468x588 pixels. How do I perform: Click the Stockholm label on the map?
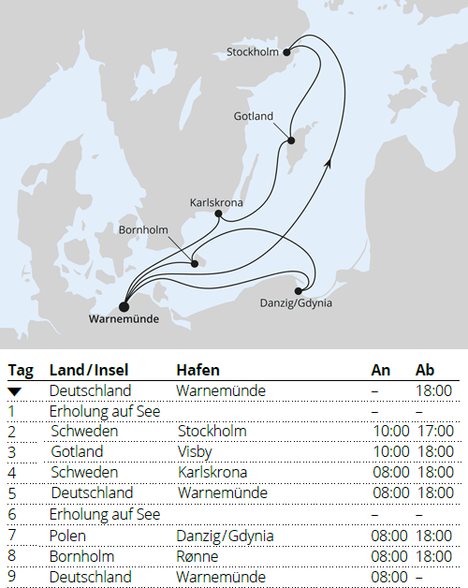coord(253,52)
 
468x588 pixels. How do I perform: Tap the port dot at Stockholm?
coord(287,52)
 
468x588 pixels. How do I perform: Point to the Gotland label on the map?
coord(254,117)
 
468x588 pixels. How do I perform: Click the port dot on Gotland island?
coord(290,140)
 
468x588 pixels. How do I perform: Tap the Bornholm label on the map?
coord(144,229)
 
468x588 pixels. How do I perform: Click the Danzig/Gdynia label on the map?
coord(296,303)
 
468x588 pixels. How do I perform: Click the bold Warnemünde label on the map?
coord(123,319)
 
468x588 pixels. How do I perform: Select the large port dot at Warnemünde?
coord(124,303)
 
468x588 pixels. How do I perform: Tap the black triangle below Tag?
coord(15,390)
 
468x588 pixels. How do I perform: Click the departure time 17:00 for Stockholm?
coord(433,431)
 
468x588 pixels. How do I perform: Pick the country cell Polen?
coord(67,535)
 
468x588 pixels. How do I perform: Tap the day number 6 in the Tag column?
coord(11,514)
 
